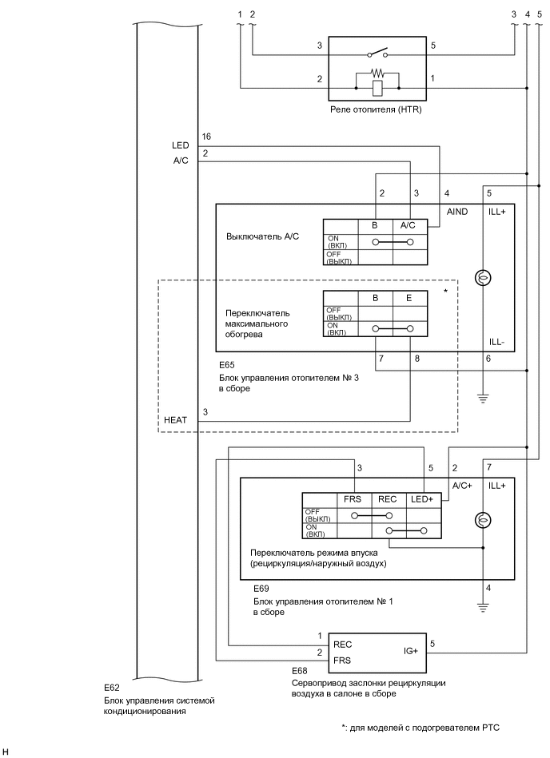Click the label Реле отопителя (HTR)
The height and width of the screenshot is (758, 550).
(375, 110)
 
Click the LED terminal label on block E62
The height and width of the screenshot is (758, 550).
(180, 146)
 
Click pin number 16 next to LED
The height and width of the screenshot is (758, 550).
(206, 137)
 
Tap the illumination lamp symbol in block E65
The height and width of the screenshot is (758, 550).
(483, 278)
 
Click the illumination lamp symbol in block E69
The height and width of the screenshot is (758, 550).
(483, 520)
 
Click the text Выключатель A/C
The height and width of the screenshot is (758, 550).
(262, 237)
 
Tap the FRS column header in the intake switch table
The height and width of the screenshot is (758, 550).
(353, 498)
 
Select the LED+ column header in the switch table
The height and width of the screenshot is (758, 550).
(421, 498)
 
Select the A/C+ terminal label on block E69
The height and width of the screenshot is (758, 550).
(462, 485)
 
